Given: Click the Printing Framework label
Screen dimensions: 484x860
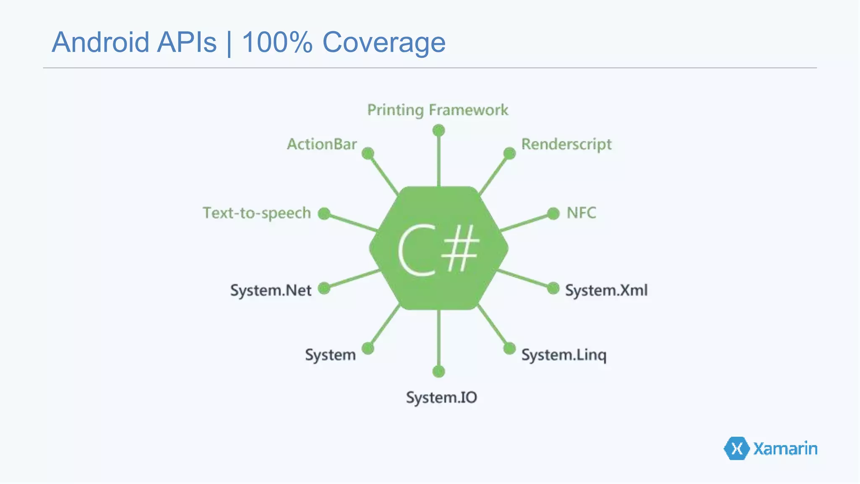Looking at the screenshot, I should pos(438,110).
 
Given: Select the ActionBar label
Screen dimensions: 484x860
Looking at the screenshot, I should pos(322,145).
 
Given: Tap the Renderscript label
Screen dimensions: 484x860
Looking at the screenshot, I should pos(566,145).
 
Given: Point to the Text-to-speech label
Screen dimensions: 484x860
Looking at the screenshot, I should pos(257,213).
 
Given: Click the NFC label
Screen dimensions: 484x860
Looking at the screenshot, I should pos(581,213).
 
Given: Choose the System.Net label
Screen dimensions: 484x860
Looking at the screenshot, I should pos(271,290).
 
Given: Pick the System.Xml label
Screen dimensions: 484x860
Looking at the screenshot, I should pos(606,290).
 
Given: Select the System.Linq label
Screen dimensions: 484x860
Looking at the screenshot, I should pos(564,355).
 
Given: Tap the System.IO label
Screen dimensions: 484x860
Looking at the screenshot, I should pos(441,397).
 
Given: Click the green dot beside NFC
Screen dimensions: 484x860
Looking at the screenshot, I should pos(553,213).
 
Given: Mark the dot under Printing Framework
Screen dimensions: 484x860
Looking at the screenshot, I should pos(438,130).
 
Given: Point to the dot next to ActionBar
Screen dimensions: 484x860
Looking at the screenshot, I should pos(368,153).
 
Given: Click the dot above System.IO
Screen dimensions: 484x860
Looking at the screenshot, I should pos(438,371).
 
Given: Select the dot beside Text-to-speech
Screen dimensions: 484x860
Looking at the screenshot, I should pos(324,213).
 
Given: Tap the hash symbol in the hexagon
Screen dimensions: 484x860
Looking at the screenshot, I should pos(462,248).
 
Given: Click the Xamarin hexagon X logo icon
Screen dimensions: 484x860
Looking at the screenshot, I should pos(737,448).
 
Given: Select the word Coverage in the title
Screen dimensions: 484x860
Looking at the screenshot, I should pos(384,42).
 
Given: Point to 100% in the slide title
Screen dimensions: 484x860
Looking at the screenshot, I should pos(277,42).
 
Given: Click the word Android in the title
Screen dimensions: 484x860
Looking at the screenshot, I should pos(100,42).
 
